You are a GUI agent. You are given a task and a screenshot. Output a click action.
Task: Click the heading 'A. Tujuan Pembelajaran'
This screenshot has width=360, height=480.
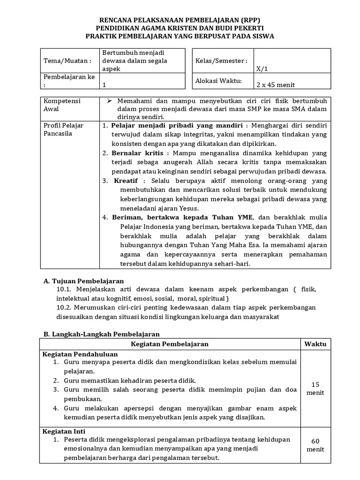coord(83,281)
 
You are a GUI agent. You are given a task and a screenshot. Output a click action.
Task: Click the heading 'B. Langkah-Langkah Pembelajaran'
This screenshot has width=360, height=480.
coord(101,334)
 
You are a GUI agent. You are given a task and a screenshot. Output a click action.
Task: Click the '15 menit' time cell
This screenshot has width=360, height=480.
coord(315,388)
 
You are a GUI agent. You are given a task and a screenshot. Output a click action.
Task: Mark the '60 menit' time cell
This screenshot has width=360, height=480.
coord(315,445)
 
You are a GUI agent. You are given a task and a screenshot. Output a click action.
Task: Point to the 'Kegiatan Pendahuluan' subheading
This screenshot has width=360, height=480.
coord(80,354)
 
